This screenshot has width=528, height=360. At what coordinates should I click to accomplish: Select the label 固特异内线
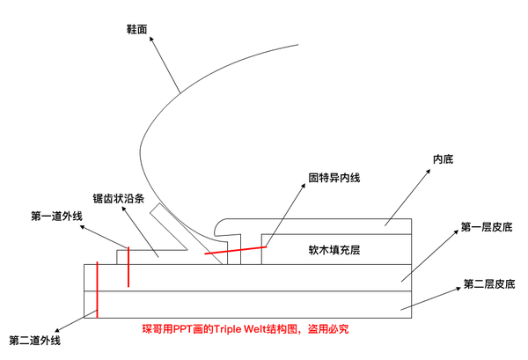click(x=334, y=177)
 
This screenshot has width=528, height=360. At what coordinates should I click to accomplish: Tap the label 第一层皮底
click(x=487, y=228)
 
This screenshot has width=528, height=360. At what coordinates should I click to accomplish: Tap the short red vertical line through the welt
click(x=128, y=267)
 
